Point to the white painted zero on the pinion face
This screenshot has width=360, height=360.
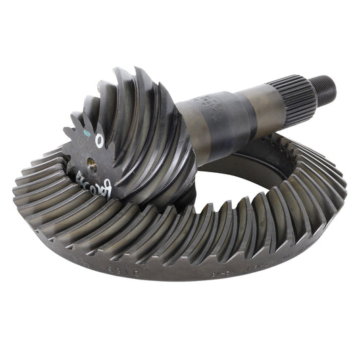(x=99, y=140)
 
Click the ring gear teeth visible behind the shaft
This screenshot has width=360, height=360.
(x=284, y=145)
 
